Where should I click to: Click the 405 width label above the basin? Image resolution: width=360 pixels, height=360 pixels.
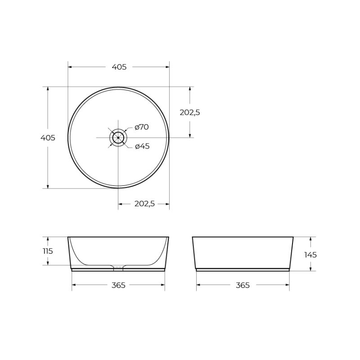119,67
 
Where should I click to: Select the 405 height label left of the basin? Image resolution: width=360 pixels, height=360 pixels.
48,138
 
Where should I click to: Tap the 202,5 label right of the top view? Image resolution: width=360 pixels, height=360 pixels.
190,112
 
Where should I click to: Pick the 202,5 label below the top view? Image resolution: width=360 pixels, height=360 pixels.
144,204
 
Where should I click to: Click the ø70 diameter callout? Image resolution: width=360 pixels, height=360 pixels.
141,127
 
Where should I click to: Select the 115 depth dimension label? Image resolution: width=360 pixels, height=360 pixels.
48,251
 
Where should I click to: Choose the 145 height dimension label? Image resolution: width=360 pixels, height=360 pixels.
310,255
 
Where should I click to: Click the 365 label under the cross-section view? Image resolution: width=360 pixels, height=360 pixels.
118,285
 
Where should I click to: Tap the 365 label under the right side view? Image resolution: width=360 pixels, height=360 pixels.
243,285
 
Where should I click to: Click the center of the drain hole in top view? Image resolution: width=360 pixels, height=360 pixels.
118,137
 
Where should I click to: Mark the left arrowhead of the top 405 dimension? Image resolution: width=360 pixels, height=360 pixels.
70,67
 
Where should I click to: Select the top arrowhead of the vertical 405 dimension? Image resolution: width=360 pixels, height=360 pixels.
48,89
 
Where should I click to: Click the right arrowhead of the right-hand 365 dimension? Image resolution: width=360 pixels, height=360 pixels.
288,285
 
